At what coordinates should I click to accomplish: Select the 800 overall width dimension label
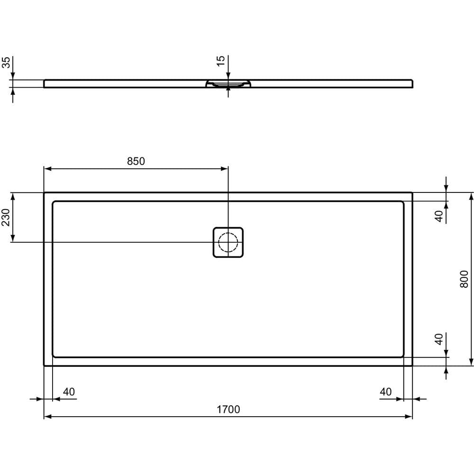pos(464,279)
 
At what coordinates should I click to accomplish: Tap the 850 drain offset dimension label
pos(136,161)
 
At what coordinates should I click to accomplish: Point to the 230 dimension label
pos(6,218)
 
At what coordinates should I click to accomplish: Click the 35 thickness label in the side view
pos(6,63)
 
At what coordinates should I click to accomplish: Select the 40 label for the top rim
pos(439,216)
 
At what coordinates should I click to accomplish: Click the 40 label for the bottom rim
pos(439,339)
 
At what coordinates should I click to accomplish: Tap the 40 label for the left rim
pos(69,392)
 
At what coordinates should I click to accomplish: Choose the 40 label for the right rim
pos(386,392)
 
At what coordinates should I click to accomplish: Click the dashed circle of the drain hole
pos(228,242)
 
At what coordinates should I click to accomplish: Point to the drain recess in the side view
pos(228,84)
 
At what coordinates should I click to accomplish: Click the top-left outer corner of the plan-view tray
pos(44,192)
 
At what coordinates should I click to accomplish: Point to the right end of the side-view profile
pos(412,84)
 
